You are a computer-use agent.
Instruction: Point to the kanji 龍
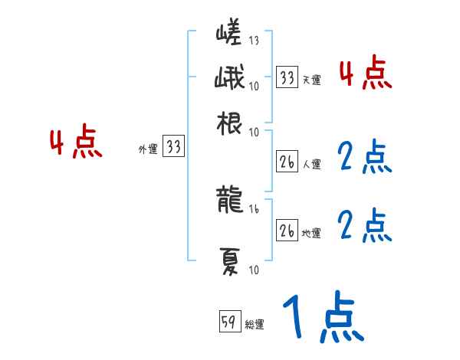[229, 200]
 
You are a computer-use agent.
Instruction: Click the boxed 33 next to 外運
[174, 147]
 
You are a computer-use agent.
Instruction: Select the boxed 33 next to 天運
[287, 77]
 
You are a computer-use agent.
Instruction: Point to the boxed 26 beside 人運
[287, 162]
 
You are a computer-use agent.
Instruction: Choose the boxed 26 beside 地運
[287, 231]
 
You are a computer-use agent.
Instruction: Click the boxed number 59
[229, 322]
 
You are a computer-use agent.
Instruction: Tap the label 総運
[255, 325]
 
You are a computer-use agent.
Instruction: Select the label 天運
[311, 80]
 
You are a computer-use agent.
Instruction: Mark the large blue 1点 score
[321, 317]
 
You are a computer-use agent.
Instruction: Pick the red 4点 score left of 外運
[75, 144]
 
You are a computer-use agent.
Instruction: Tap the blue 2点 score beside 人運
[365, 158]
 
